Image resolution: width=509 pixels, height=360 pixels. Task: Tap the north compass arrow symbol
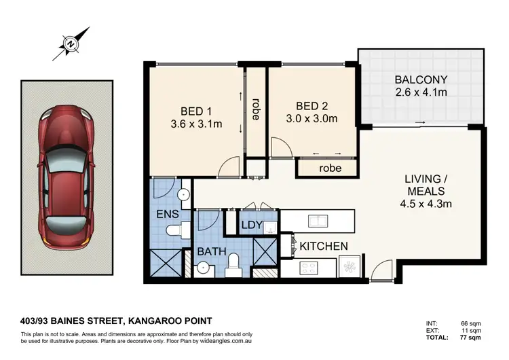click(71, 43)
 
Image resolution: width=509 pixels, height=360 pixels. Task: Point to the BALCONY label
click(421, 79)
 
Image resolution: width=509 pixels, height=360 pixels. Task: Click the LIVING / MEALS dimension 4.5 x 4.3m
click(423, 202)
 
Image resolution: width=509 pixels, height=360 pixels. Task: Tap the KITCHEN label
click(324, 246)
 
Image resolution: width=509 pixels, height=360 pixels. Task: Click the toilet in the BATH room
click(233, 262)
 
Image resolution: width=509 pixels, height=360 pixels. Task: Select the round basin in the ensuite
click(183, 196)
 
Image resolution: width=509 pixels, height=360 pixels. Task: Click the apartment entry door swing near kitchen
click(381, 271)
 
